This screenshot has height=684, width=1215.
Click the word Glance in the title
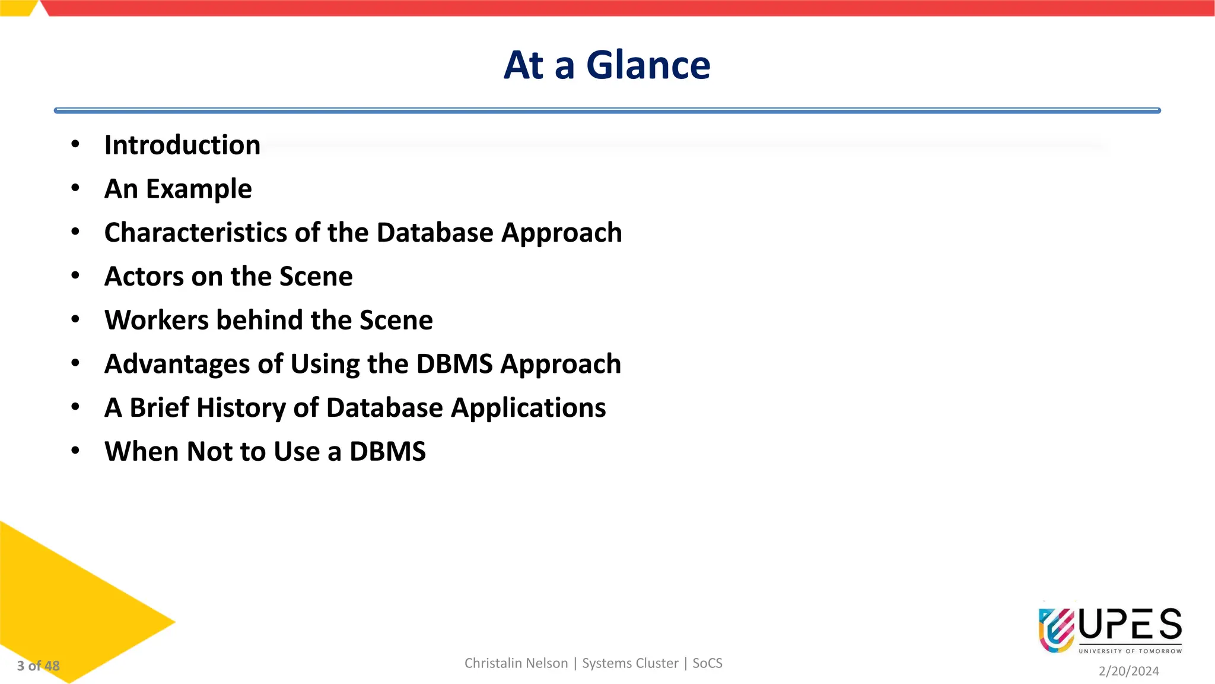[648, 65]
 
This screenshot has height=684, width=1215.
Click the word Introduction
[182, 145]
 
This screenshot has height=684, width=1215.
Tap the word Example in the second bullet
[199, 189]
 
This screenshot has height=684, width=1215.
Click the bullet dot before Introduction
[75, 144]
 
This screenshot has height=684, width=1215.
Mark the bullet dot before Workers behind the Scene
[75, 319]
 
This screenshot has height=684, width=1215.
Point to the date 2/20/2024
[1128, 671]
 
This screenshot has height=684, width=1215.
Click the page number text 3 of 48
[39, 666]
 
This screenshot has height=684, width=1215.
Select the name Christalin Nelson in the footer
[516, 663]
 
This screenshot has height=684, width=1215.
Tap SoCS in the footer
[707, 663]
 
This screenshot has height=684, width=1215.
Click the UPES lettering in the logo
[1130, 625]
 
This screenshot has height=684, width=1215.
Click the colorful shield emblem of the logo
[1056, 629]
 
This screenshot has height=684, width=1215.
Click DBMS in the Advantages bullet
[454, 364]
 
